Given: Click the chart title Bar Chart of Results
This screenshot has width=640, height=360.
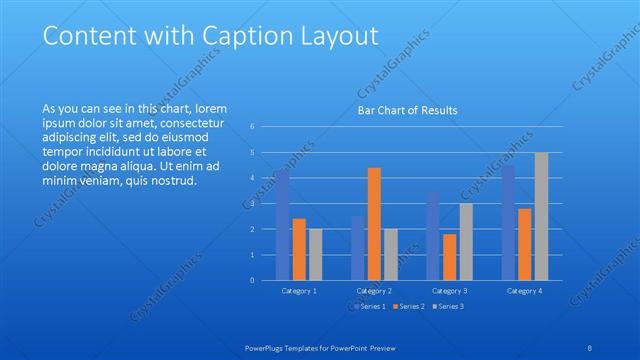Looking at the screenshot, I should (x=408, y=110).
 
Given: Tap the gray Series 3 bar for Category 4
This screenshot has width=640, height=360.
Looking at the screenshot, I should (x=541, y=216).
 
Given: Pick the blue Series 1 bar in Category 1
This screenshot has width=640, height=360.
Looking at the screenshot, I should (x=283, y=224).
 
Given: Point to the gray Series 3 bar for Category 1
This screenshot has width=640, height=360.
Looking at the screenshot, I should (x=315, y=254).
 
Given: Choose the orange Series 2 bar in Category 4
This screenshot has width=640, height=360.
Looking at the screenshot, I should (x=525, y=244).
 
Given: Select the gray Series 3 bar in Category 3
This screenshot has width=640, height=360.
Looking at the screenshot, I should (x=465, y=241).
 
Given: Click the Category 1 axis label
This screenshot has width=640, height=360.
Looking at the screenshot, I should (x=299, y=291).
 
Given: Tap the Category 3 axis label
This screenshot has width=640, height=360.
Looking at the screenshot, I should (x=449, y=291).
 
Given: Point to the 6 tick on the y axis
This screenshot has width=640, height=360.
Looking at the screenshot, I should (x=253, y=127).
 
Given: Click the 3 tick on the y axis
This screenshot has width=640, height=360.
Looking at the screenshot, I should (x=253, y=204).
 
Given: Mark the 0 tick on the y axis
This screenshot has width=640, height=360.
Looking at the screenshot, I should (x=253, y=281).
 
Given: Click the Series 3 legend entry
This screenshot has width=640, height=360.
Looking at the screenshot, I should (x=448, y=306).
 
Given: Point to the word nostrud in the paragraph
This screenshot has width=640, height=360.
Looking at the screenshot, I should (x=173, y=181).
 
